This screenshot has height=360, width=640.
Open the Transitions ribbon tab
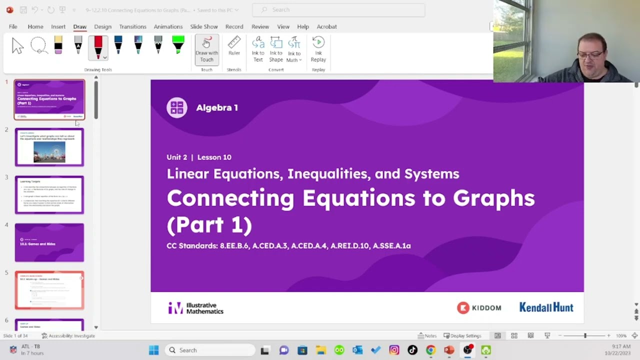[132, 26]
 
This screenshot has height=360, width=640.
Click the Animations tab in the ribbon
[168, 26]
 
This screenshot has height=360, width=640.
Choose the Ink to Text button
[258, 49]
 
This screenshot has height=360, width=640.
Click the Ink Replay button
[318, 49]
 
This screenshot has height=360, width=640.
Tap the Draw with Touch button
[206, 49]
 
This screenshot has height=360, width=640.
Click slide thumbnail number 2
[49, 147]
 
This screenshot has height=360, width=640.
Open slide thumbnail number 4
[49, 242]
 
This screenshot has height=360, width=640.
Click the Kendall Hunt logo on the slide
[546, 307]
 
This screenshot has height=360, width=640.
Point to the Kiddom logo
[478, 307]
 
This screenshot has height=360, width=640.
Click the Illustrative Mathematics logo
[195, 308]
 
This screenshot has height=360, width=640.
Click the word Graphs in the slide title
[493, 198]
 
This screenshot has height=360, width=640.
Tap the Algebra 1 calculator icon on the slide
[177, 107]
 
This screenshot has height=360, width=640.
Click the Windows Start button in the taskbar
[153, 350]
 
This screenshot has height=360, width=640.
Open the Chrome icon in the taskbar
[430, 350]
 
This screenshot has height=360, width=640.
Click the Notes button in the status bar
[427, 335]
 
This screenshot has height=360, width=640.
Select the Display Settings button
[462, 335]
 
